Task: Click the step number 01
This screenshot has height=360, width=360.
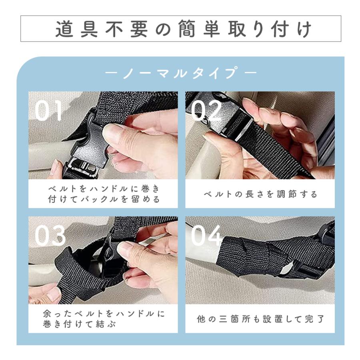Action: tap(48, 111)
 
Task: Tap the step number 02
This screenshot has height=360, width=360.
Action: tap(206, 111)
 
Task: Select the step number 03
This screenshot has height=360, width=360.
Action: tap(50, 236)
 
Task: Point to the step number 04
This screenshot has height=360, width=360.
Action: tap(206, 236)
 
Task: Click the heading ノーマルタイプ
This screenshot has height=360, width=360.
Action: tap(180, 74)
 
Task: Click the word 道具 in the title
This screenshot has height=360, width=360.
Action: tap(76, 29)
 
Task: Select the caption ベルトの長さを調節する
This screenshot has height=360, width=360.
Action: tap(260, 194)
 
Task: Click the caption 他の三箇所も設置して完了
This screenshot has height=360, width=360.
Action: tap(260, 319)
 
